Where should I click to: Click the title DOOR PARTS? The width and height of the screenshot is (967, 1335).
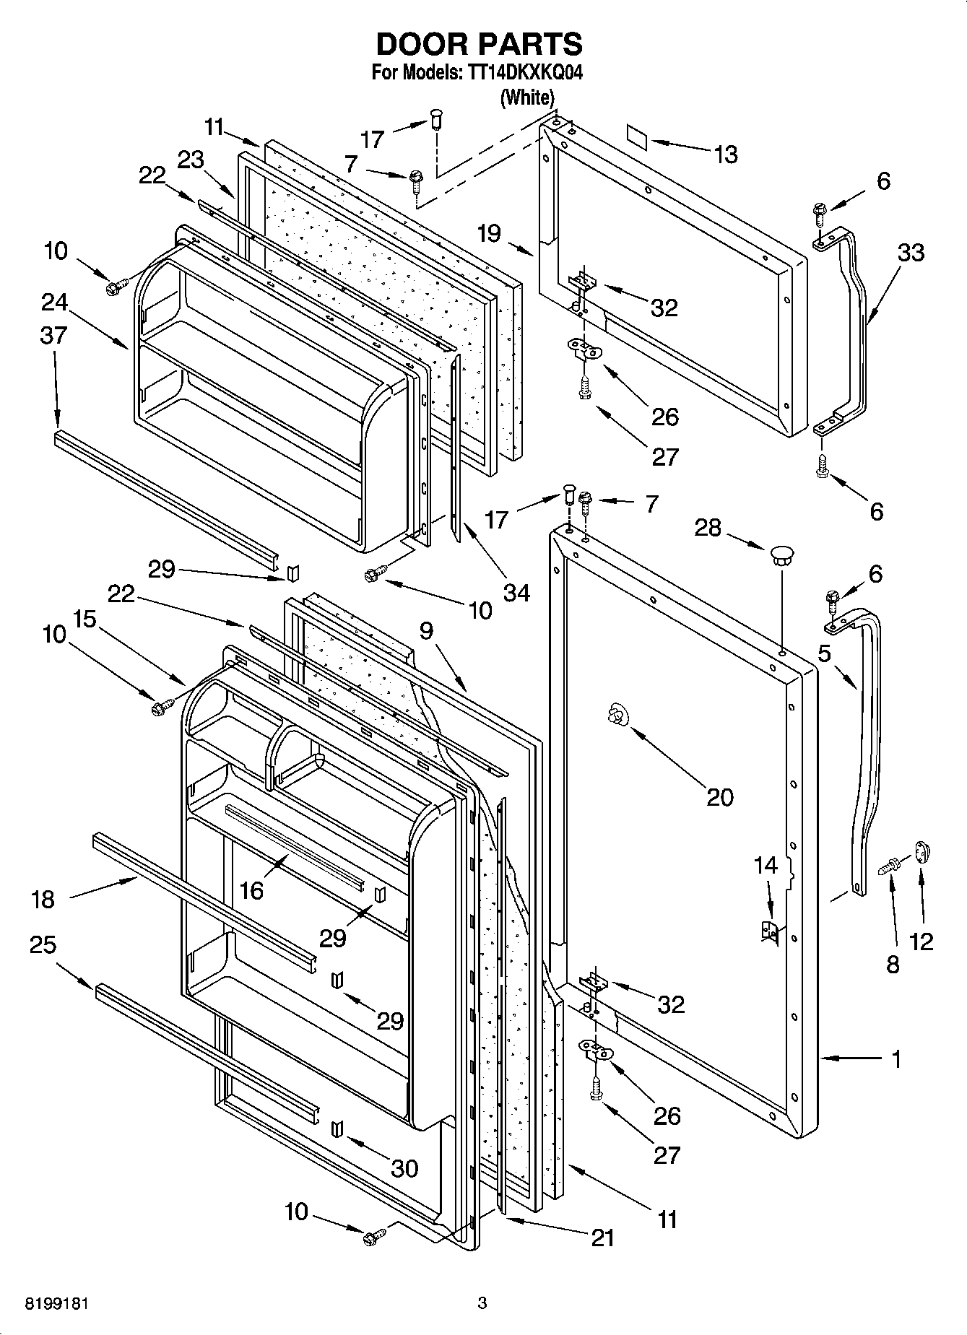tap(479, 45)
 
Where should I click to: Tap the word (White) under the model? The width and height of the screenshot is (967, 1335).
tap(527, 97)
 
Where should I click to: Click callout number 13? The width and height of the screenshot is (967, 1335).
tap(725, 154)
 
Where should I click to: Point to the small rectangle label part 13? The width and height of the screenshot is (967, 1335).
tap(636, 135)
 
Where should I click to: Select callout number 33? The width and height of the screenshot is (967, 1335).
tap(911, 253)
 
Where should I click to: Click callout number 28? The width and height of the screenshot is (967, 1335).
tap(708, 528)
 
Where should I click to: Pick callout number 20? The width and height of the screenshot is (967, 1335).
tap(719, 797)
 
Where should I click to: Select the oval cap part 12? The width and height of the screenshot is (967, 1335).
tap(923, 852)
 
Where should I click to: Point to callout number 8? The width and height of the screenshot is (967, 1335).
tap(893, 964)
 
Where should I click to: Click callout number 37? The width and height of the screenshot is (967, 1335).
tap(54, 335)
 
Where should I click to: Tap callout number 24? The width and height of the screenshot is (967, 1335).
tap(54, 302)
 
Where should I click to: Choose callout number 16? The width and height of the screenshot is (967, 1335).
tap(251, 890)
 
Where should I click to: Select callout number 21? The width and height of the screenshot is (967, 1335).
tap(602, 1238)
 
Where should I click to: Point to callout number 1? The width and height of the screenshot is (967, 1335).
tap(896, 1060)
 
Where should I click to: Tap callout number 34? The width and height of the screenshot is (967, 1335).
tap(516, 593)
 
